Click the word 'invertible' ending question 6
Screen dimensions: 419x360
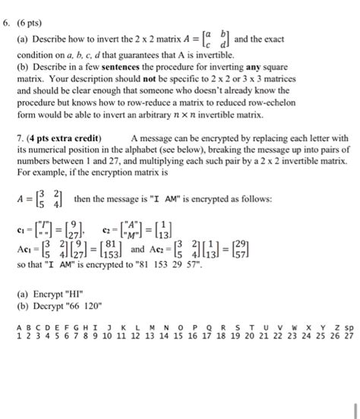pyautogui.click(x=227, y=116)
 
